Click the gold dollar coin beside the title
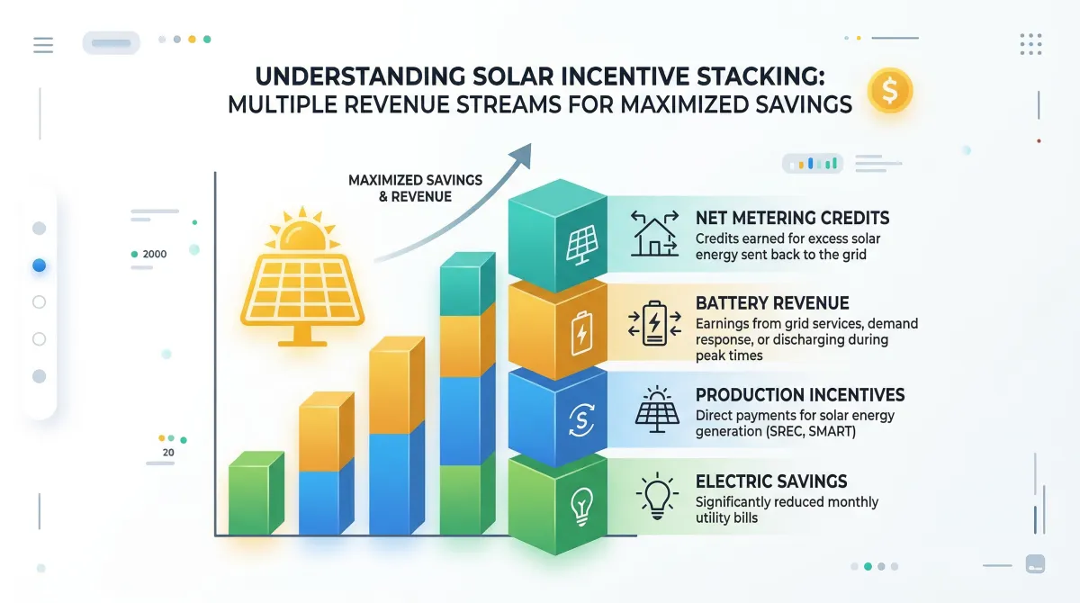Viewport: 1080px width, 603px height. tap(890, 91)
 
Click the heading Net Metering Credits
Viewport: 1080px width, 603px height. tap(792, 218)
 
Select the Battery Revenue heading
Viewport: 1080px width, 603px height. tap(772, 302)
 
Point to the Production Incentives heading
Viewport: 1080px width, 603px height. tap(800, 395)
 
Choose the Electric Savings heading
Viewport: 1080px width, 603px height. tap(771, 481)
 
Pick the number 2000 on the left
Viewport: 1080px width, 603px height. tap(154, 255)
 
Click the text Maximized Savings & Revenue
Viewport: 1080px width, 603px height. tap(415, 188)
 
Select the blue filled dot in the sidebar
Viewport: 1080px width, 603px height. tap(39, 265)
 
